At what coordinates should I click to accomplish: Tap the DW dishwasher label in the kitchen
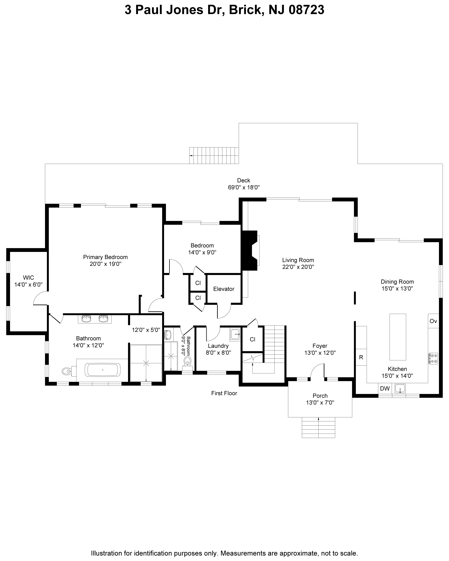click(x=385, y=389)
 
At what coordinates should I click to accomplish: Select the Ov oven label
click(x=433, y=321)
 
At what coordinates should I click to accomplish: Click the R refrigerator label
click(x=361, y=357)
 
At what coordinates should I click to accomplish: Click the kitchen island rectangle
click(x=397, y=337)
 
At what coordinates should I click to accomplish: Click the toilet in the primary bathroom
click(x=69, y=370)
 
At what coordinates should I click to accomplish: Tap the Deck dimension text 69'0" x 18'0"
click(x=244, y=187)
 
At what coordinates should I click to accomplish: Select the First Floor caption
click(x=224, y=393)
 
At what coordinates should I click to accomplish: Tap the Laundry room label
click(x=218, y=346)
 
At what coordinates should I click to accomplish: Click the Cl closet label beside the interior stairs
click(x=252, y=339)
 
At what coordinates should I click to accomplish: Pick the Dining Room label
click(x=397, y=282)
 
